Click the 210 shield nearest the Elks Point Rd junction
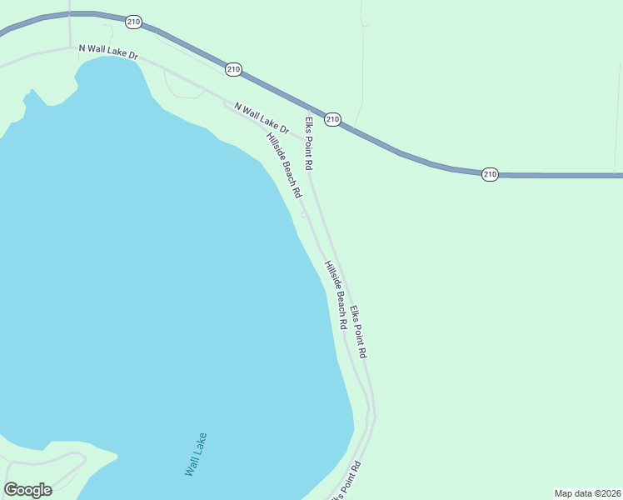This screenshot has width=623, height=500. (x=332, y=119)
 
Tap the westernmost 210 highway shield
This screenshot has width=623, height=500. (x=133, y=21)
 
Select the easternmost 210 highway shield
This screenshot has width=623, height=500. (x=490, y=174)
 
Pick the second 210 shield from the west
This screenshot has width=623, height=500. (x=233, y=69)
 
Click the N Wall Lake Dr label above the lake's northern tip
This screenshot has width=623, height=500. (x=107, y=52)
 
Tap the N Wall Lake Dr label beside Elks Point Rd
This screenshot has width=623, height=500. (x=261, y=118)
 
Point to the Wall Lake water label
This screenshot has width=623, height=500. (x=196, y=454)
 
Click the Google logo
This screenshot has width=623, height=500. (x=28, y=490)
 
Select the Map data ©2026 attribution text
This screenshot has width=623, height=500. (x=587, y=493)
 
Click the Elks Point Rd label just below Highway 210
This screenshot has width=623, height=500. (x=308, y=143)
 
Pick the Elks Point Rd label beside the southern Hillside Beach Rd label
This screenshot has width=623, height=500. (x=358, y=332)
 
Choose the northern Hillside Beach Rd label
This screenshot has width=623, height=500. (x=283, y=165)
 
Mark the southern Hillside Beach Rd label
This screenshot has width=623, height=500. (x=335, y=294)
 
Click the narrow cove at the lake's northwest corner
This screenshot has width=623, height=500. (x=30, y=97)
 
